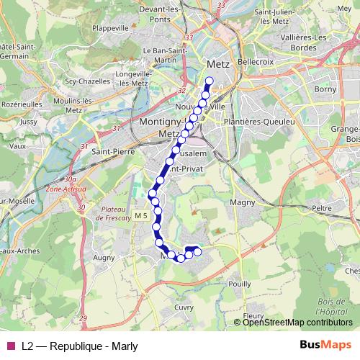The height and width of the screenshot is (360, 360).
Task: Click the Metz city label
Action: [217, 63]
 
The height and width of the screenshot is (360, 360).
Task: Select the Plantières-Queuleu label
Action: [260, 122]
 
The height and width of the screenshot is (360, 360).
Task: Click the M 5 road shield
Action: [140, 215]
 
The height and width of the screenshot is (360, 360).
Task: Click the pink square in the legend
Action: [10, 346]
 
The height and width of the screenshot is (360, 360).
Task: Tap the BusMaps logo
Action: [325, 345]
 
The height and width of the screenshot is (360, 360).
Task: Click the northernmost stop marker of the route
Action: [210, 81]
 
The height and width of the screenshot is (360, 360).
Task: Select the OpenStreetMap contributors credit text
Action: [297, 322]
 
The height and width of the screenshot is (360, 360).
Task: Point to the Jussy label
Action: [29, 122]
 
